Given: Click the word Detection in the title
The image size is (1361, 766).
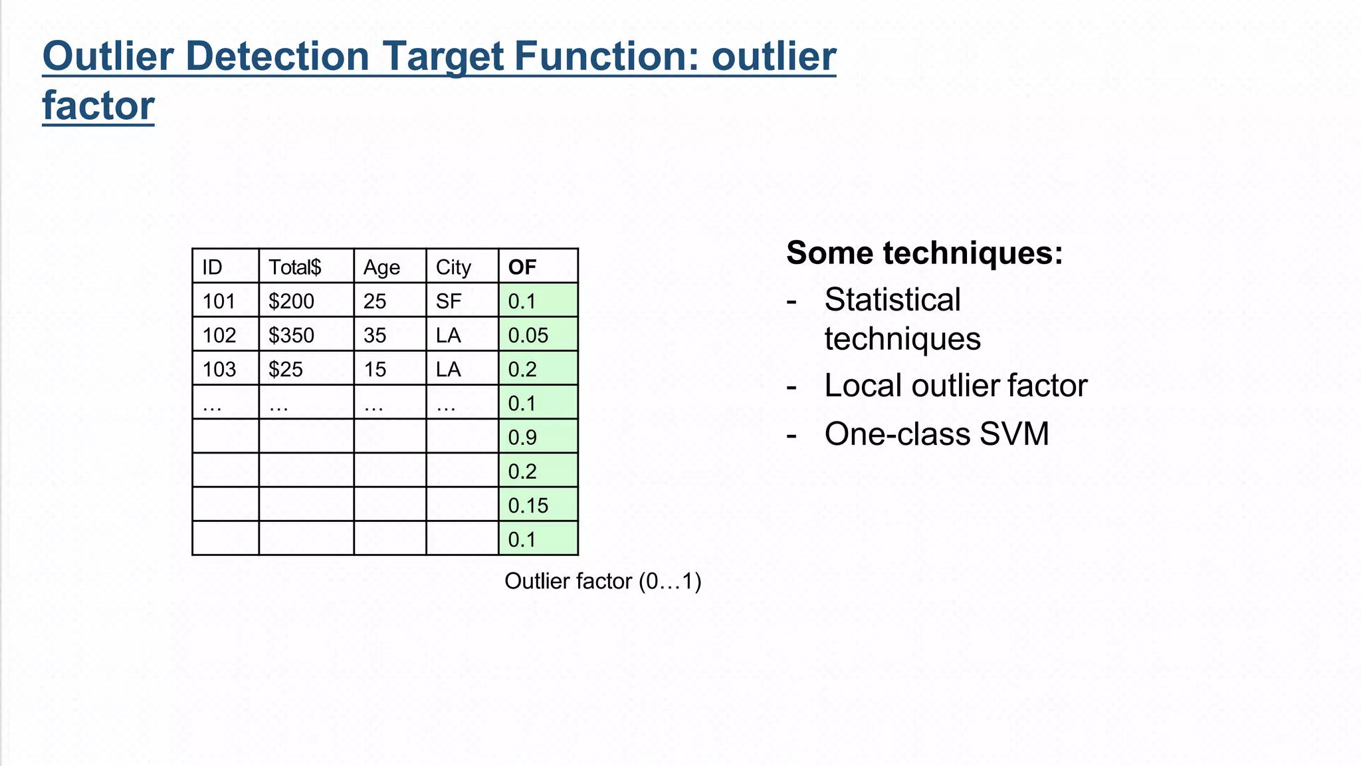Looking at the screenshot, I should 277,56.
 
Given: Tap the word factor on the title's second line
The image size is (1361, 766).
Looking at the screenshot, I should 98,106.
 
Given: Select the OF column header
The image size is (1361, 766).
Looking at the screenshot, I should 522,267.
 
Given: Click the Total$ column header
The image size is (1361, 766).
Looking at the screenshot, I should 294,267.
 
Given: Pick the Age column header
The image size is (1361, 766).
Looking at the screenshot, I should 381,267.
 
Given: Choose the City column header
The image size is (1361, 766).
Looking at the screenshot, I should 453,267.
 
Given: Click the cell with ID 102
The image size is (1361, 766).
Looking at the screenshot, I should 219,335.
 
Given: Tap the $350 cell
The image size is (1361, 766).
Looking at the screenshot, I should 291,335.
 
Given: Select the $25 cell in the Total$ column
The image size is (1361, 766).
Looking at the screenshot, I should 285,369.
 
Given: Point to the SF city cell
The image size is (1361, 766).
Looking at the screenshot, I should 449,301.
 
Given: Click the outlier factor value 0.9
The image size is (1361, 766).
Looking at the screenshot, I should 522,438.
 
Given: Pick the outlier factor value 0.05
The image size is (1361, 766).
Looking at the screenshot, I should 528,335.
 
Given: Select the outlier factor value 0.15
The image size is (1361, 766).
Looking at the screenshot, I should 528,505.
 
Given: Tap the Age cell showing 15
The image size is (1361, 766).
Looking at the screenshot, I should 375,369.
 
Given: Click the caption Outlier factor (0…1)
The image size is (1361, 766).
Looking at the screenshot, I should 603,581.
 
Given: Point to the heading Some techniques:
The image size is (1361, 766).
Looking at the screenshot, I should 924,253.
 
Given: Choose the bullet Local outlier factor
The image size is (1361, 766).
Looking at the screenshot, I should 956,386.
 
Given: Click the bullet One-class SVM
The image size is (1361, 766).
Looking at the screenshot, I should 936,434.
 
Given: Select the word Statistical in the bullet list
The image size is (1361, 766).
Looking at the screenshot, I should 892,300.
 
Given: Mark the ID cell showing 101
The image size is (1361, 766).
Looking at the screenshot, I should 219,301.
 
